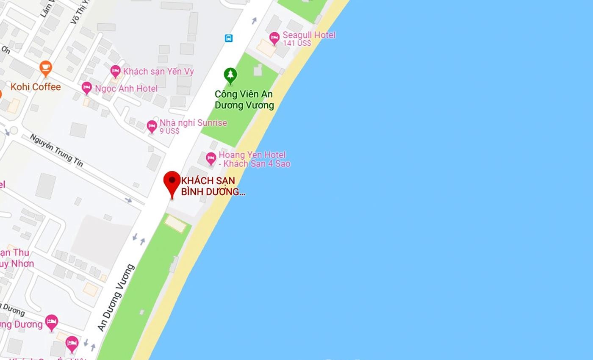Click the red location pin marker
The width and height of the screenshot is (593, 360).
click(x=172, y=183)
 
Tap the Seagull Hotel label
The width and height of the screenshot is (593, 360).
click(x=309, y=35)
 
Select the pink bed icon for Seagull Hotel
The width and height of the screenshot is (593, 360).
click(x=274, y=38)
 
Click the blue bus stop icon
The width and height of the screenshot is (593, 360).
click(x=229, y=38)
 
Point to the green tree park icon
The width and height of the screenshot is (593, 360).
click(x=230, y=75)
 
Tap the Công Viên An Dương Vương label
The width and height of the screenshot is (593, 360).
click(x=244, y=100)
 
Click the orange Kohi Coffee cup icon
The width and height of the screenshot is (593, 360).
click(x=46, y=68)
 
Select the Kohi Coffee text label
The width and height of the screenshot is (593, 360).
click(x=36, y=87)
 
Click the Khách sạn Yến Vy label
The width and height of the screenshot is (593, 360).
click(x=158, y=71)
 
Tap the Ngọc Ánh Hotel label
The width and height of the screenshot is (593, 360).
click(x=126, y=89)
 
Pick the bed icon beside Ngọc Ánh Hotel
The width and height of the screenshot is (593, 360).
click(x=87, y=88)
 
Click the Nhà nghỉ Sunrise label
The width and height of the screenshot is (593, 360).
click(x=193, y=123)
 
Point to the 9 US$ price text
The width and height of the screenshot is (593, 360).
click(x=169, y=131)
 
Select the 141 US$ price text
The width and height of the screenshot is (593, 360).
click(x=297, y=43)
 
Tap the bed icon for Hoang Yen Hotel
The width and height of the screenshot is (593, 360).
click(x=211, y=158)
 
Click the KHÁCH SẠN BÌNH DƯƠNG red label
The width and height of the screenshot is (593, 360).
click(x=213, y=186)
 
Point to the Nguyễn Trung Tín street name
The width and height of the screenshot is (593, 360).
click(x=56, y=150)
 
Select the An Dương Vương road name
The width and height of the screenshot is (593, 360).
click(x=116, y=297)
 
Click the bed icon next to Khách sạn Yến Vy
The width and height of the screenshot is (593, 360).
click(x=115, y=71)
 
